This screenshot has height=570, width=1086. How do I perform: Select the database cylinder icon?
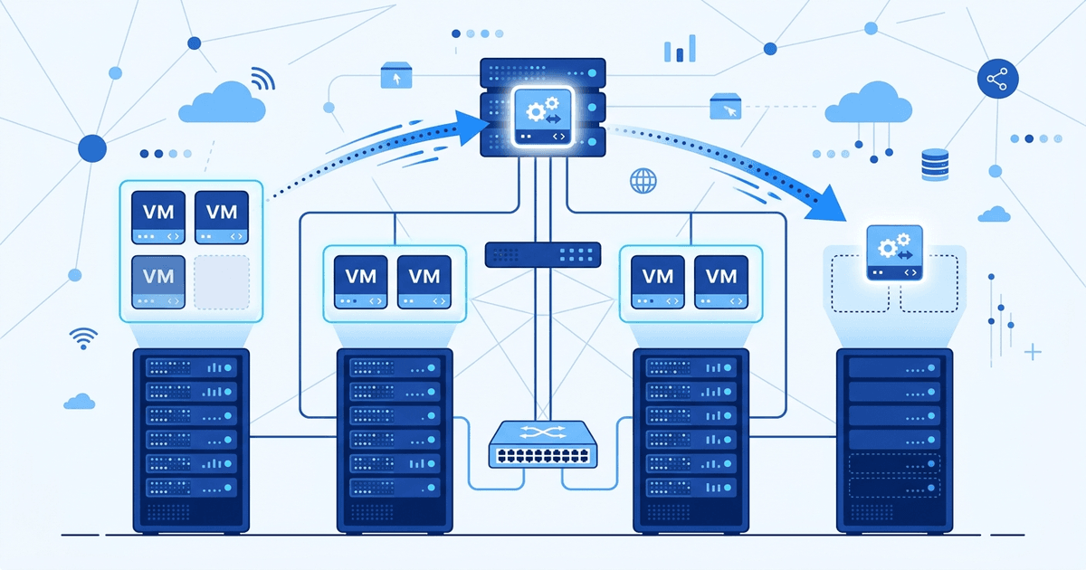tap(933, 165)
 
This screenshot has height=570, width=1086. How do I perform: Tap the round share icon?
tap(997, 81)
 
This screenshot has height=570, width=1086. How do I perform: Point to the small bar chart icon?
tap(680, 49)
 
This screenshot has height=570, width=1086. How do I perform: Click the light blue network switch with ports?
tap(542, 444)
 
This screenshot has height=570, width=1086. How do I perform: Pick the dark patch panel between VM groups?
tap(543, 254)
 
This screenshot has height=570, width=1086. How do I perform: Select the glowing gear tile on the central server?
tap(541, 118)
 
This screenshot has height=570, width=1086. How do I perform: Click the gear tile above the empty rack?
tap(894, 252)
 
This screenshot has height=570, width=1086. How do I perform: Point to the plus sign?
tap(1033, 351)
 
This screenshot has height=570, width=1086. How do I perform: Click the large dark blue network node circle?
tap(92, 147)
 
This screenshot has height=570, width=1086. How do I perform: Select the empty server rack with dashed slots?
tap(895, 439)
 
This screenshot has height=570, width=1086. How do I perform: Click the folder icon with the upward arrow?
tap(395, 76)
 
